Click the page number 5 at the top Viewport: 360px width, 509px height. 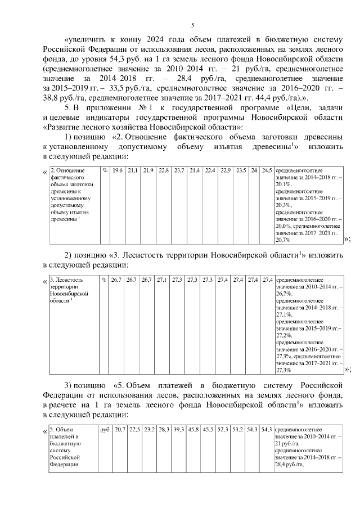(x=192, y=25)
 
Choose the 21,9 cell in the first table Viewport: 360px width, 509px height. (x=148, y=170)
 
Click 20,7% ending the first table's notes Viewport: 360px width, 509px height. (x=283, y=240)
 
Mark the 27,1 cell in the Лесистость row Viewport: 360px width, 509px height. (x=163, y=280)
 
